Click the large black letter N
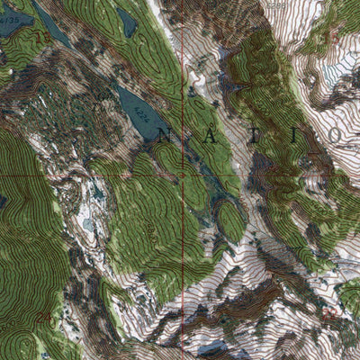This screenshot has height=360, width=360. pyautogui.click(x=164, y=136)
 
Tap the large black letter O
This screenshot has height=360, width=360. pyautogui.click(x=334, y=135)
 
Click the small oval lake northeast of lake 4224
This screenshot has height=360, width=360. pyautogui.click(x=128, y=23)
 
